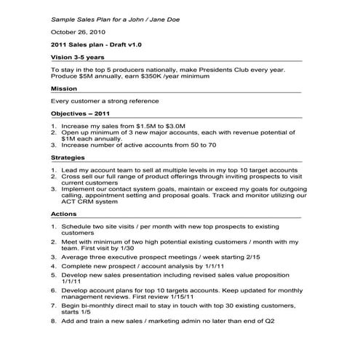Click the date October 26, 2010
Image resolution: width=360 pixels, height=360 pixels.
[x=79, y=32]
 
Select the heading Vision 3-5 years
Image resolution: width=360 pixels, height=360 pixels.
[x=79, y=56]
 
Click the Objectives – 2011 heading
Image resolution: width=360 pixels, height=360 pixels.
[x=80, y=114]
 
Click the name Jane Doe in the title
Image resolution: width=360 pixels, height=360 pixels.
[x=163, y=16]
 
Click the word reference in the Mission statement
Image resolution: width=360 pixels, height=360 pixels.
[x=143, y=101]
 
